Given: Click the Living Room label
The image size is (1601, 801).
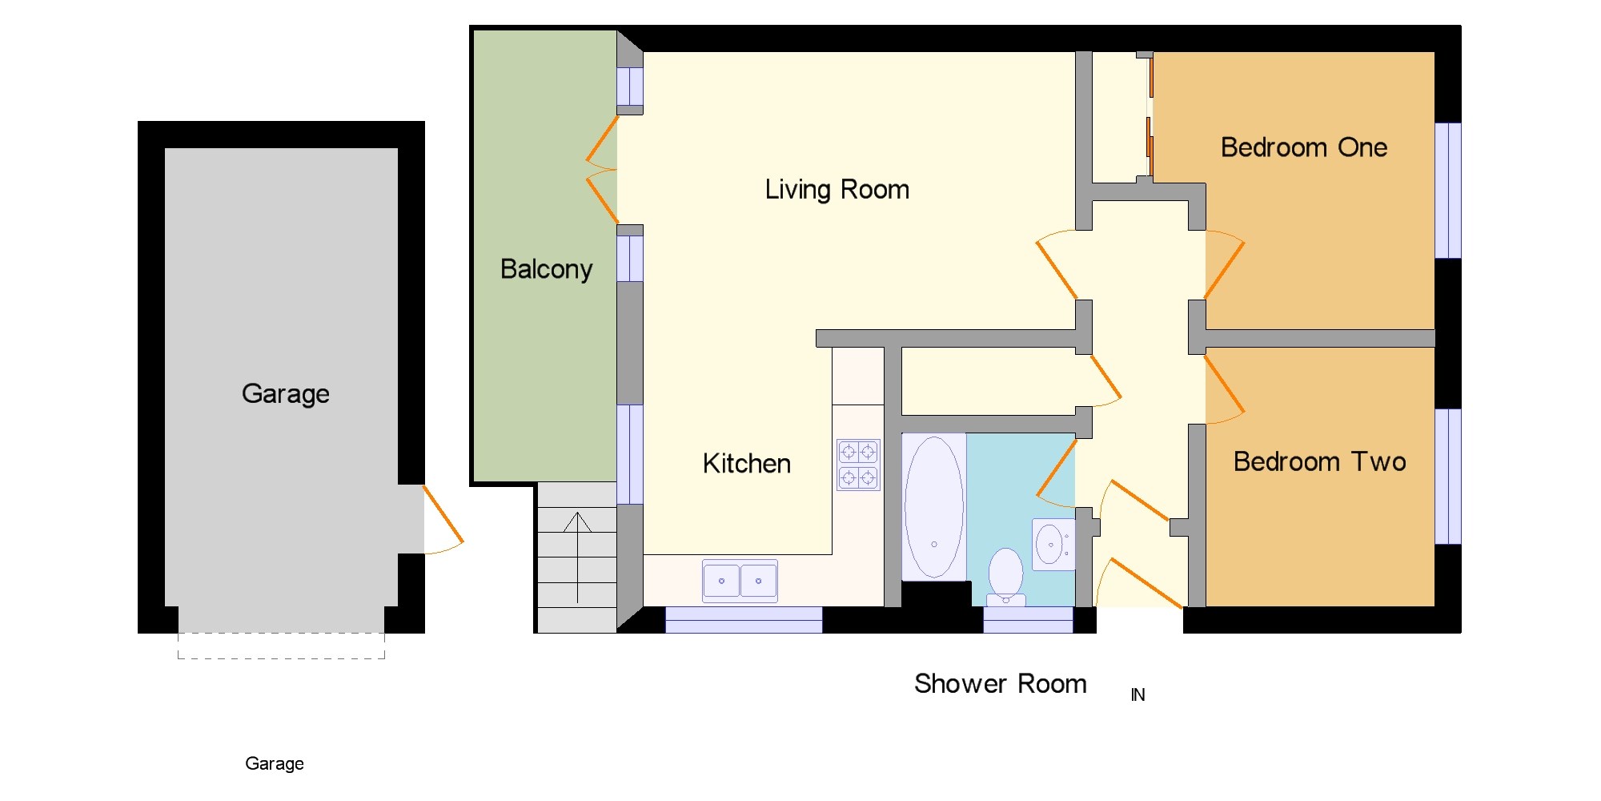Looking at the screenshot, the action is click(x=837, y=190).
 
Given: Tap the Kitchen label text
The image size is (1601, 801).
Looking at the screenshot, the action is click(x=747, y=464).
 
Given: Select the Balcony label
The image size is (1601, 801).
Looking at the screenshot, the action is click(x=547, y=269).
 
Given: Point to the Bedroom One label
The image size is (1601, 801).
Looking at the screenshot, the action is click(x=1304, y=147).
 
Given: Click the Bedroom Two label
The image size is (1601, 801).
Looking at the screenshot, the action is click(x=1319, y=461).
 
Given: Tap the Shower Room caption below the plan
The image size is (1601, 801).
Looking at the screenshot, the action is click(x=1001, y=683).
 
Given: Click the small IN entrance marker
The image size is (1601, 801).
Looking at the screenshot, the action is click(x=1138, y=695).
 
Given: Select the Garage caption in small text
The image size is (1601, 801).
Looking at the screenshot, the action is click(x=275, y=764).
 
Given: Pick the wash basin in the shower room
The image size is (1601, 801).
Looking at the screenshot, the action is click(x=1053, y=545).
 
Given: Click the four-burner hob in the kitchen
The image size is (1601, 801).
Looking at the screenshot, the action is click(x=858, y=465).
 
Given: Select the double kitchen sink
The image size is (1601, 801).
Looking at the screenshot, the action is click(x=740, y=581).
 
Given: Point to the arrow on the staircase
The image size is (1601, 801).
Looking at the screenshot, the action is click(x=577, y=557).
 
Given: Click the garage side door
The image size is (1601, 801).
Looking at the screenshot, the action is click(x=443, y=519).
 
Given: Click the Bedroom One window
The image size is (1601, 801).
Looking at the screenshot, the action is click(x=1448, y=191).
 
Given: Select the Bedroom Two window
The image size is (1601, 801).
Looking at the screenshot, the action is click(x=1448, y=477).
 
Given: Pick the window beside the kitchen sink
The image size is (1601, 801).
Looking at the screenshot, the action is click(x=744, y=620).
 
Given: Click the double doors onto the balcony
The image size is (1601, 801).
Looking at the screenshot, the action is click(x=602, y=170).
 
